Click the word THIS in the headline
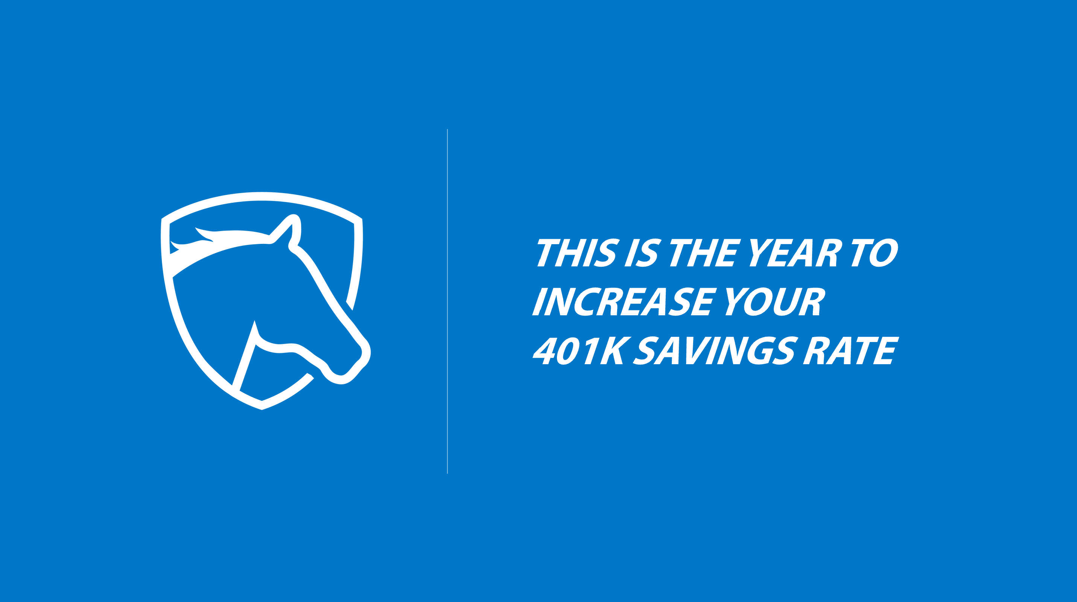577,252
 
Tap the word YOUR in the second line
775,301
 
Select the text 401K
581,350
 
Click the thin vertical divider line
447,301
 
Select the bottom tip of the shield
262,409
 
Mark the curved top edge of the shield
262,196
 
